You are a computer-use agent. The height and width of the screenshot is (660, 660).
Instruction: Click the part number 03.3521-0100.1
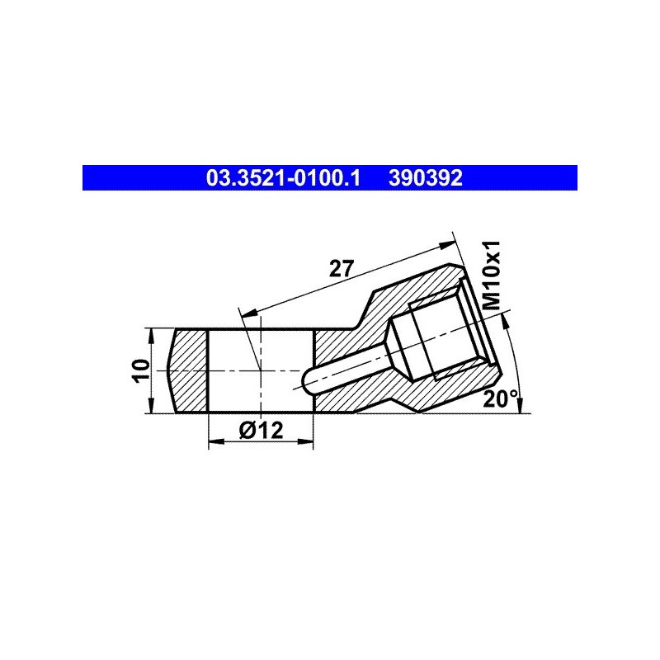coord(283,178)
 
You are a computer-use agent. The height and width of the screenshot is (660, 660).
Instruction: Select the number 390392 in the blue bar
coord(426,178)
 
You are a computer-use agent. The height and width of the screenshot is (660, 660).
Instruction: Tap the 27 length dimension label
coord(342,269)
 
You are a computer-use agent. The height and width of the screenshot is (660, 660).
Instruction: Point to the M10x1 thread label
coord(491,275)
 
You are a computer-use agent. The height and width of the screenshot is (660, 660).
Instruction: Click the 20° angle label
coord(501,398)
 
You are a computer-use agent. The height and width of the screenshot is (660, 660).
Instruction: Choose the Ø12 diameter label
coord(261,430)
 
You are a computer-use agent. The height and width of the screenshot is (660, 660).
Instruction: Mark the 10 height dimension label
coord(141,370)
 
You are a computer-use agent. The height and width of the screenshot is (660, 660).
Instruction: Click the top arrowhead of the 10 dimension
coord(150,337)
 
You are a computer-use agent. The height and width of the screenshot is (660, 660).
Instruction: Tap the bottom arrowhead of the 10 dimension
coord(150,405)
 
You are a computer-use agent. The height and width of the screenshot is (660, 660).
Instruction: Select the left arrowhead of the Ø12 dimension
coord(216,441)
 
